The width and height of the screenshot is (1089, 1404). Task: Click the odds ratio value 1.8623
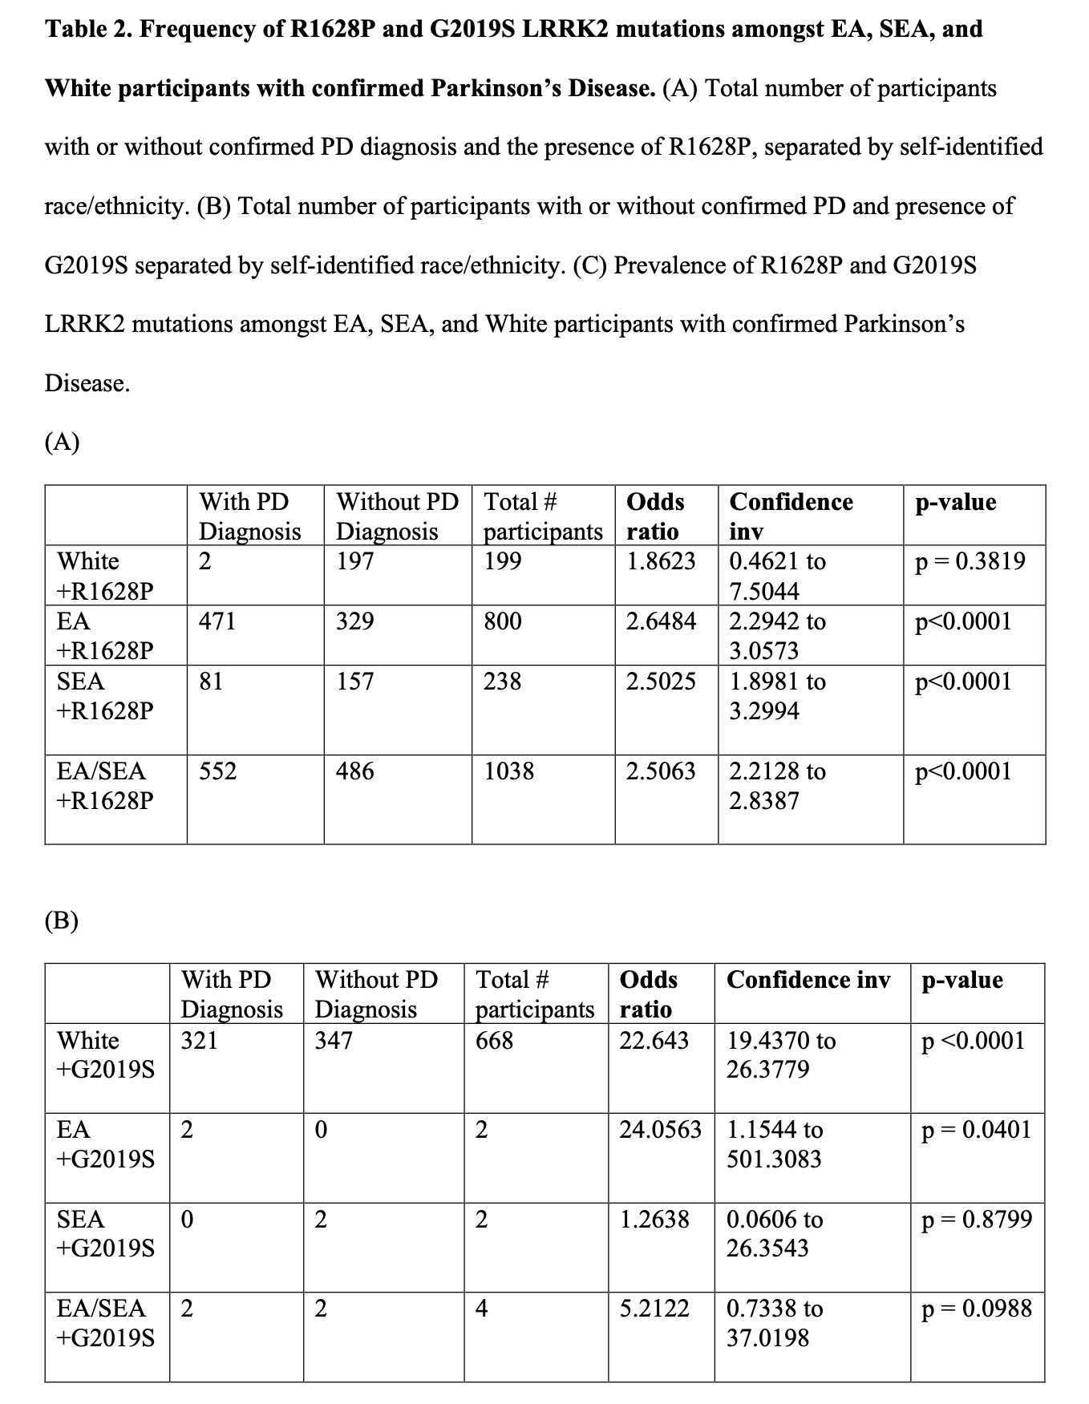pos(661,561)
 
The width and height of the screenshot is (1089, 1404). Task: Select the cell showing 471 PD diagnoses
pos(217,621)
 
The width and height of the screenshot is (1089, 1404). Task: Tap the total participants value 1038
pos(508,771)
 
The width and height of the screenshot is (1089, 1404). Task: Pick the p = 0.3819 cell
pos(970,561)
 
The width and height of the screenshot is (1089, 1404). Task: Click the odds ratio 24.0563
pos(660,1130)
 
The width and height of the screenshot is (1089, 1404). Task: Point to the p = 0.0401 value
pos(977,1130)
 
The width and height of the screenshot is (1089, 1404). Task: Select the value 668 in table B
pos(494,1041)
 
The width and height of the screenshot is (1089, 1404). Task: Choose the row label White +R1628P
pos(105,576)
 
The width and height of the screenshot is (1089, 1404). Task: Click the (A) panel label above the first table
pos(62,442)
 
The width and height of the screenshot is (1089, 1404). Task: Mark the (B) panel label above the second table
pos(62,920)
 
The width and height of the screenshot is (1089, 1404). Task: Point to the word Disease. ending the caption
pos(87,383)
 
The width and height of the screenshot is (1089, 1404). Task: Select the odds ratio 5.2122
pos(654,1309)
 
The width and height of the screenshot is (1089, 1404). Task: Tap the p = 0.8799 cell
pos(977,1220)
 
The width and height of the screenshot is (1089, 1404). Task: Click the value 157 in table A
pos(355,682)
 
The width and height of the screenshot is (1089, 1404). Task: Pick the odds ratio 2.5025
pos(661,682)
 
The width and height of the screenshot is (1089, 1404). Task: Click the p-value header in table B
pos(962,980)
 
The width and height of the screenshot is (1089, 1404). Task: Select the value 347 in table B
pos(334,1041)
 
